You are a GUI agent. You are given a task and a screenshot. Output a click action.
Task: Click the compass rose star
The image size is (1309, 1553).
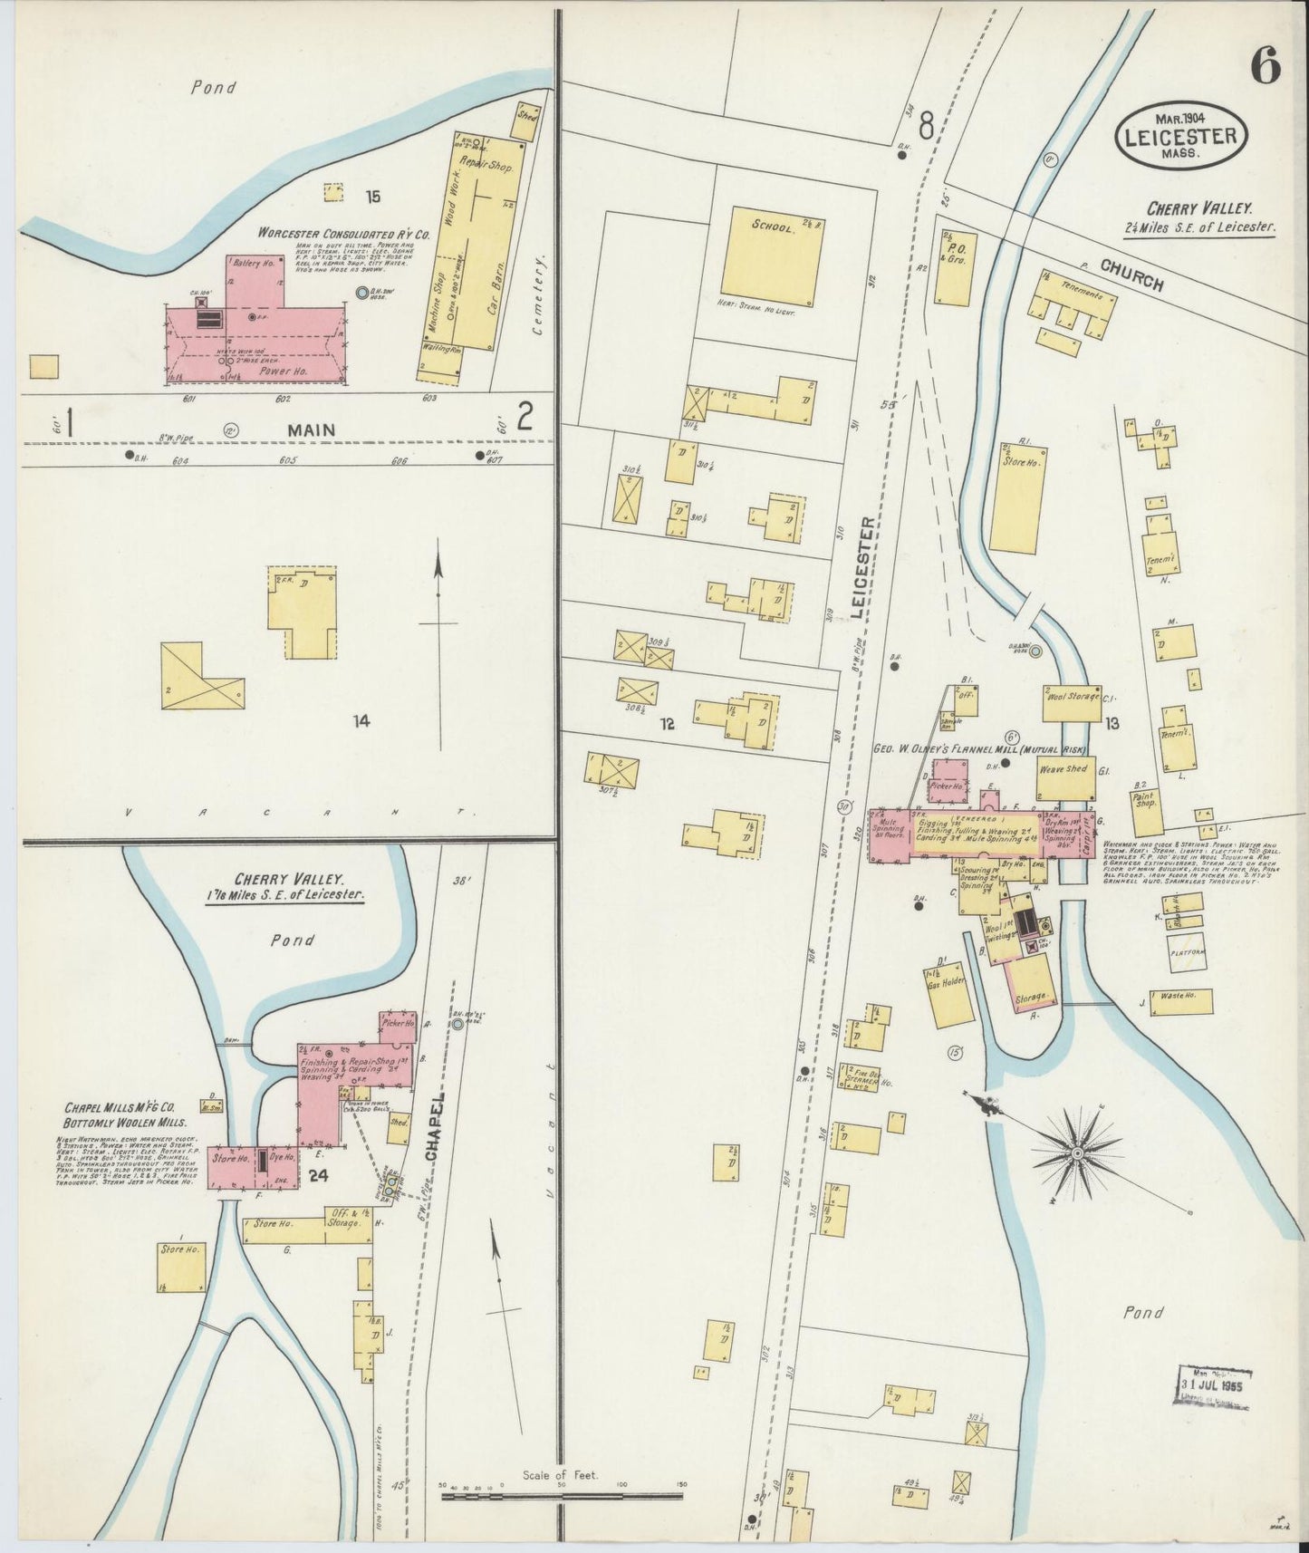coord(1077,1153)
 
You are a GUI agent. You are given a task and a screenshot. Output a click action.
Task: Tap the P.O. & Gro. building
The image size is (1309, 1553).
coord(953,267)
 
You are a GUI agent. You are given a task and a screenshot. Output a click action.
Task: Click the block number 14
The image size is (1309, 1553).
coord(362,721)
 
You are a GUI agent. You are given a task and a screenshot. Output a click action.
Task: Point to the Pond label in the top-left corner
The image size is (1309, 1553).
coord(214,88)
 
